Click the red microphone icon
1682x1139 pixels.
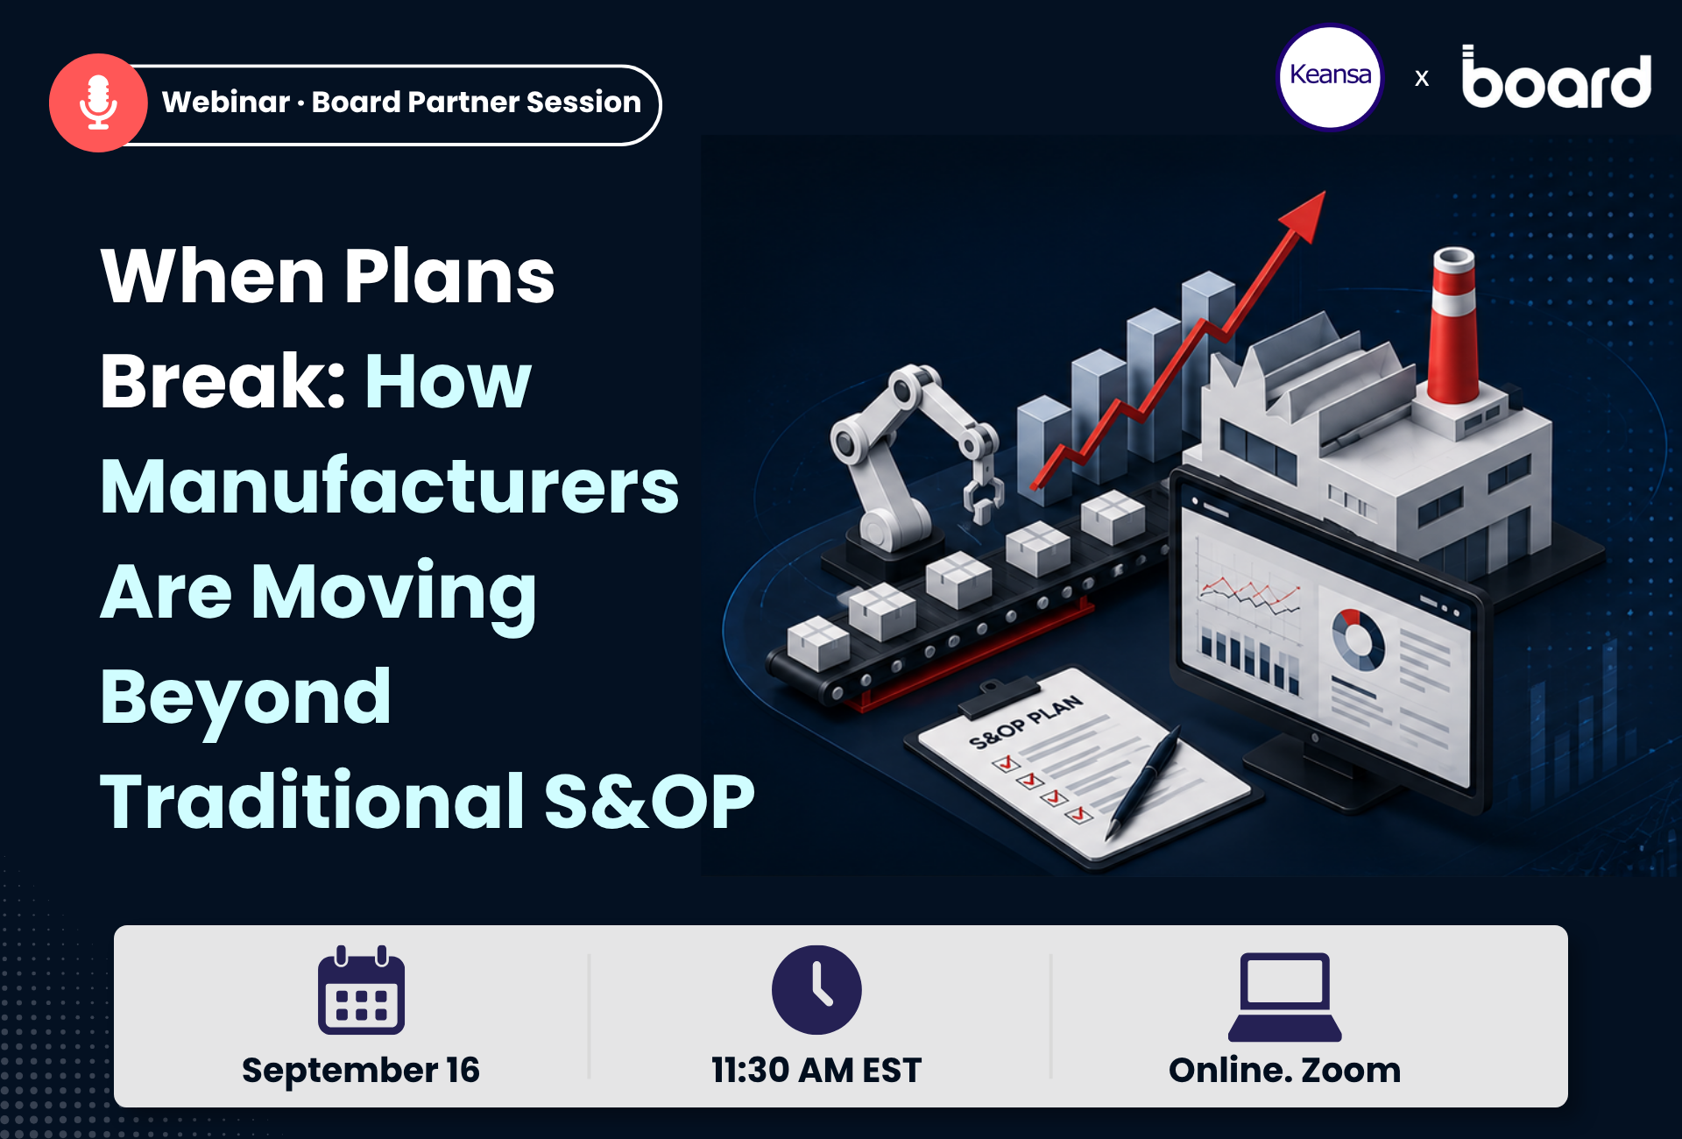pyautogui.click(x=98, y=103)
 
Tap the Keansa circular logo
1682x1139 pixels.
pyautogui.click(x=1330, y=77)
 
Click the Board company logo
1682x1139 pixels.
pyautogui.click(x=1557, y=77)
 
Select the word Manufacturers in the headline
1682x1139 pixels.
pyautogui.click(x=390, y=486)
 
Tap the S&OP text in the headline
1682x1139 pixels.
pyautogui.click(x=649, y=801)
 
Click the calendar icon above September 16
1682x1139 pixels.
pyautogui.click(x=361, y=990)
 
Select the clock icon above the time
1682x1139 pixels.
pyautogui.click(x=816, y=990)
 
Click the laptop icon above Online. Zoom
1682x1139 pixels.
pyautogui.click(x=1285, y=997)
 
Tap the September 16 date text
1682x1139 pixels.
pyautogui.click(x=361, y=1071)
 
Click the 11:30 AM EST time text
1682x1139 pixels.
pyautogui.click(x=816, y=1071)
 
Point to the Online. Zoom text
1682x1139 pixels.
pyautogui.click(x=1285, y=1071)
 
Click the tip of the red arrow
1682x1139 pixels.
pyautogui.click(x=1324, y=193)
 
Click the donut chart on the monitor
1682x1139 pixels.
pyautogui.click(x=1358, y=639)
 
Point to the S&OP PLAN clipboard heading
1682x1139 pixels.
pyautogui.click(x=1026, y=722)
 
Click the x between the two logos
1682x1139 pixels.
pyautogui.click(x=1422, y=79)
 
